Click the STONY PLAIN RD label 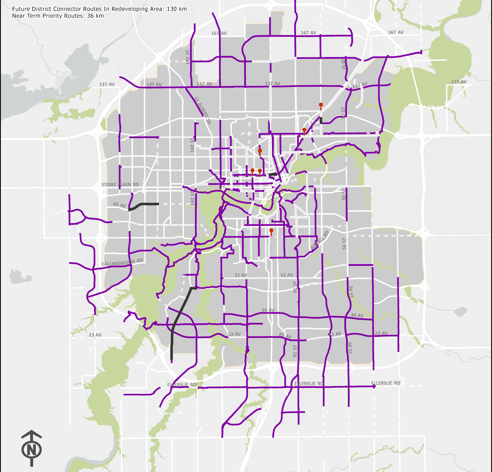tap(120, 185)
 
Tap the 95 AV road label tap(119, 205)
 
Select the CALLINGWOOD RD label tap(122, 262)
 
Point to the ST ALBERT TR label tap(203, 110)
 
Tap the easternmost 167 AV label tap(396, 32)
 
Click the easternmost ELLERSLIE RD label tap(386, 383)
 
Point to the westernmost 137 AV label tap(107, 84)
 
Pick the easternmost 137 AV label tap(459, 82)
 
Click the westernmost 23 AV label tap(95, 335)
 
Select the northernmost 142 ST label tap(188, 57)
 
